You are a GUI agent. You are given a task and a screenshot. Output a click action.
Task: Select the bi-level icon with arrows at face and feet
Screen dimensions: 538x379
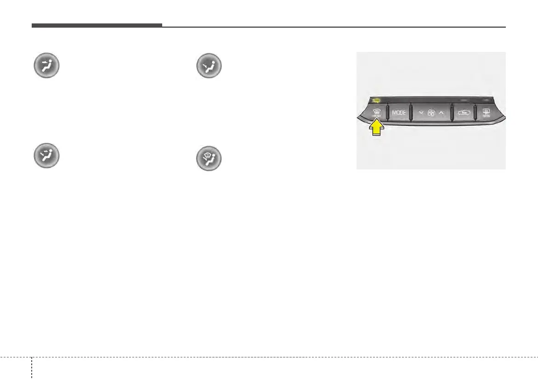click(x=46, y=158)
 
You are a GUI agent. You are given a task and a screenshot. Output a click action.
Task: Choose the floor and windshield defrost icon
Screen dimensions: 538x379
click(x=209, y=158)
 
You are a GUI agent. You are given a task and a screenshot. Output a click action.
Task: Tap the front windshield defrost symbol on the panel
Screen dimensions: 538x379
click(x=376, y=111)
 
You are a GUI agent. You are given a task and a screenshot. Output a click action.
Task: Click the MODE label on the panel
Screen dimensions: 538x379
click(x=398, y=113)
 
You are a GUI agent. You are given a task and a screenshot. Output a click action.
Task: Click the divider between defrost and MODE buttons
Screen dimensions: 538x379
click(x=387, y=112)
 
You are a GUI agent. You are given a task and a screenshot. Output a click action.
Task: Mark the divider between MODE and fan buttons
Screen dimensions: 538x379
click(x=410, y=113)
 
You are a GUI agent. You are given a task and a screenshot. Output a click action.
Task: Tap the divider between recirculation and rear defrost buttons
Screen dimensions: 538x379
click(x=476, y=113)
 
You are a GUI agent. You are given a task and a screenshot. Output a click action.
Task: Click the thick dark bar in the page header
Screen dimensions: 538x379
click(x=96, y=25)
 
